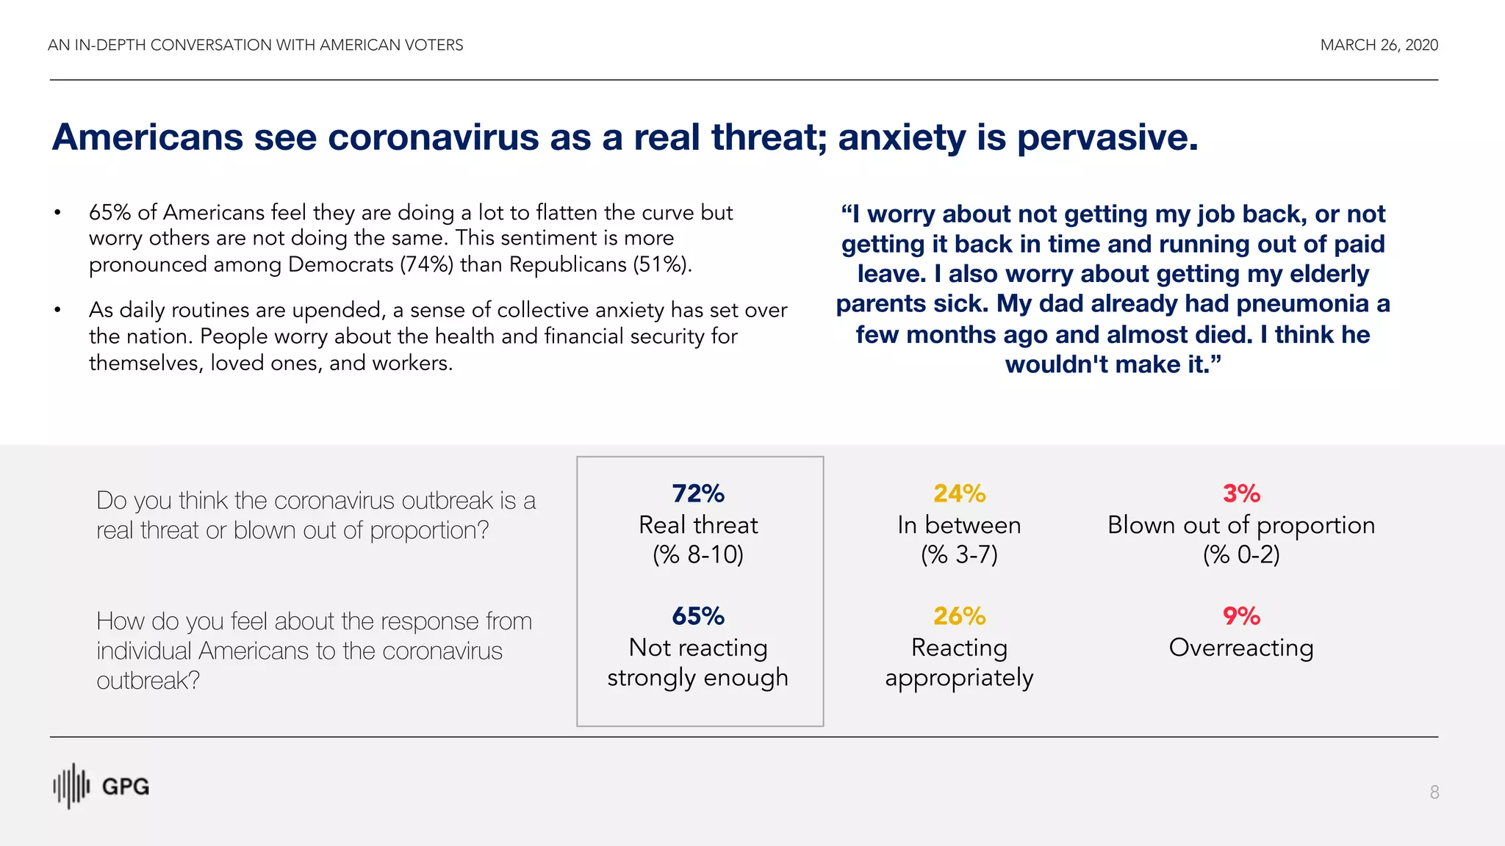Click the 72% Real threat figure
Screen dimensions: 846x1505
(x=697, y=493)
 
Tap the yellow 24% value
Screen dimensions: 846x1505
(x=959, y=493)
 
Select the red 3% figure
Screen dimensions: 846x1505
(x=1241, y=493)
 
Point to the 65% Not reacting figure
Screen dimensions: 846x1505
(x=697, y=616)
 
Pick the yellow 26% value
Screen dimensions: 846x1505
(x=959, y=616)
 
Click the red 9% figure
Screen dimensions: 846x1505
(x=1241, y=616)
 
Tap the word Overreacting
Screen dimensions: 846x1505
(x=1241, y=648)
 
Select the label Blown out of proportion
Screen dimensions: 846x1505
(x=1241, y=525)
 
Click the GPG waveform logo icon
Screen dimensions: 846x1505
(x=71, y=786)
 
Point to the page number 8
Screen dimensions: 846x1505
(x=1434, y=792)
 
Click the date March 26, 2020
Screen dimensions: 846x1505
(x=1379, y=45)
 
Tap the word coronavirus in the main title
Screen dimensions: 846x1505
(x=433, y=137)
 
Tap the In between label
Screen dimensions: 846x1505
(x=959, y=525)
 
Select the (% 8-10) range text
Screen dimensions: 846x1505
(x=697, y=554)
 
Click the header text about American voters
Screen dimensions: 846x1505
(x=255, y=45)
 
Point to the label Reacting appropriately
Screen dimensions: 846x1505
(x=959, y=662)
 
